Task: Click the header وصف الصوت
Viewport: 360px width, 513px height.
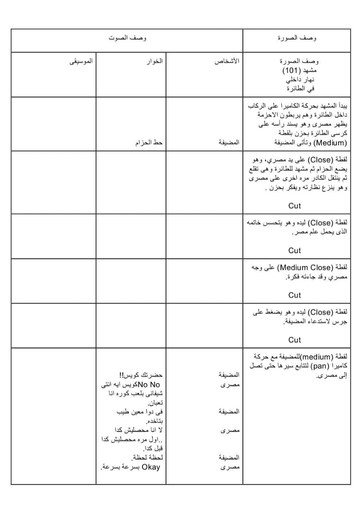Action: click(127, 38)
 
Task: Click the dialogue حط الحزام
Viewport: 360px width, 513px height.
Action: click(149, 143)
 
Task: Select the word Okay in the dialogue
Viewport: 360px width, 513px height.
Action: click(151, 467)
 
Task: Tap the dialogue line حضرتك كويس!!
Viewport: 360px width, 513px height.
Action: click(144, 376)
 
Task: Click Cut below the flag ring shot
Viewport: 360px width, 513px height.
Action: click(294, 250)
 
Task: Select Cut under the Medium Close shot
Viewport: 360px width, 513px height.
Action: click(294, 295)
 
